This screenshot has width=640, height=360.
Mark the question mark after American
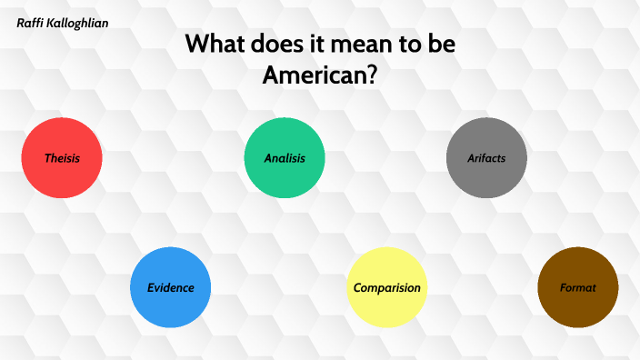(x=372, y=75)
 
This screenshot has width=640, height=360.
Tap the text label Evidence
(x=171, y=288)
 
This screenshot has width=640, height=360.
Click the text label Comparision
(x=387, y=288)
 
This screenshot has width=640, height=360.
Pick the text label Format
(x=578, y=288)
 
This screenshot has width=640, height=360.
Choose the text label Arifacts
(x=486, y=158)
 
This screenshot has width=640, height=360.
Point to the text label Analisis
(x=285, y=158)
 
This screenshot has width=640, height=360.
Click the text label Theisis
(x=62, y=158)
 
